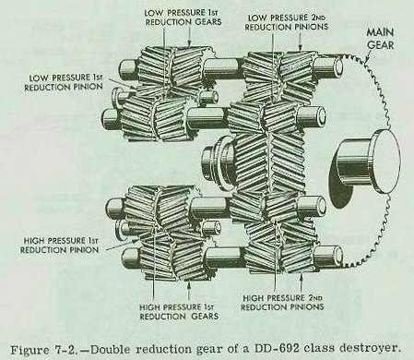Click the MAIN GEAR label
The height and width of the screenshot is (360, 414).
click(x=380, y=39)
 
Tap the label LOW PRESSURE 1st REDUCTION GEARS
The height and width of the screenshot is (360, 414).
click(x=183, y=18)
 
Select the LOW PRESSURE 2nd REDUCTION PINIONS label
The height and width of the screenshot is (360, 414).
click(x=286, y=22)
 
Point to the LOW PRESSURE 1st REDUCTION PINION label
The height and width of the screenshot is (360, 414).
click(x=64, y=82)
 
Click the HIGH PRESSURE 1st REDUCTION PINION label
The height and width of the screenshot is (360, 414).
click(x=60, y=245)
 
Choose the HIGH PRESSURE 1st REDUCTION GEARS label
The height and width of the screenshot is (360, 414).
click(x=179, y=312)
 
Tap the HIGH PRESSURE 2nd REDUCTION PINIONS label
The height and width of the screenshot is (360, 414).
click(x=282, y=303)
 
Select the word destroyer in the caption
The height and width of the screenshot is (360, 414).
click(x=369, y=348)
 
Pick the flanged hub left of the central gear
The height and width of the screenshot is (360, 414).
click(x=218, y=162)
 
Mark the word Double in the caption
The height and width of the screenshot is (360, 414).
click(x=111, y=350)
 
